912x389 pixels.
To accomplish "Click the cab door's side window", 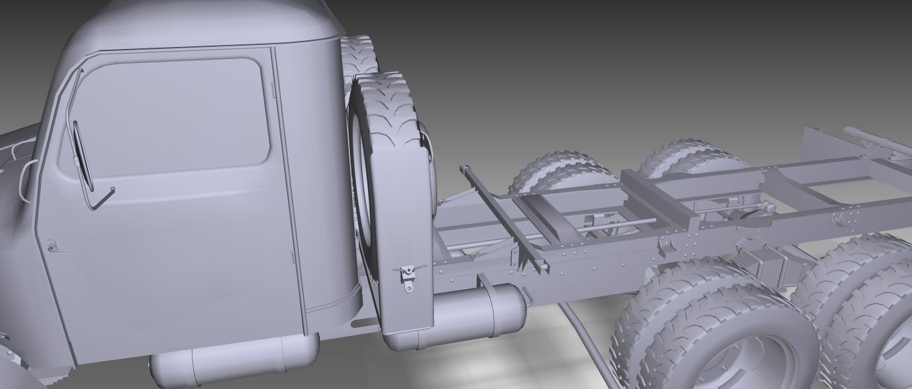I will tap(168, 117).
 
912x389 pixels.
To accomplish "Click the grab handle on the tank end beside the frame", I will tap(528, 295).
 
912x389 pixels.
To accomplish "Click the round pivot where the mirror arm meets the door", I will tap(112, 189).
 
